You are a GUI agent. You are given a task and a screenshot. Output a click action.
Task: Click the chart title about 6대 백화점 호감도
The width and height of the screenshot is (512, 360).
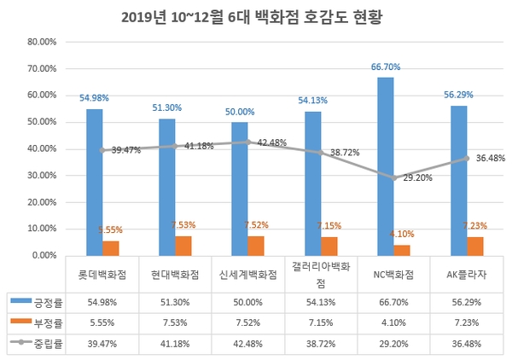[x=256, y=16]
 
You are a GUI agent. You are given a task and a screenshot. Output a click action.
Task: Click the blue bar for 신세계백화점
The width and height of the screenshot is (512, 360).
[x=239, y=189]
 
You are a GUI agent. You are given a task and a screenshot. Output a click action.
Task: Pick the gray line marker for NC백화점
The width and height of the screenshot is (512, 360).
[x=393, y=177]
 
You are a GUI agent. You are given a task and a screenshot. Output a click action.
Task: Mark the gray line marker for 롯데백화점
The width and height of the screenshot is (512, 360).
[x=102, y=150]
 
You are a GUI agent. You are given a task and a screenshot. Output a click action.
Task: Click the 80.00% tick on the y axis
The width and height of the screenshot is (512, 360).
[x=42, y=41]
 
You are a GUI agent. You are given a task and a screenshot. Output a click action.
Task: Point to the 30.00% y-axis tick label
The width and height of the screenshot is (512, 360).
[x=42, y=175]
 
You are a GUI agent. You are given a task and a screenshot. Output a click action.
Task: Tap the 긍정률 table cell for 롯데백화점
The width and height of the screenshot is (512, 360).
[x=103, y=301]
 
